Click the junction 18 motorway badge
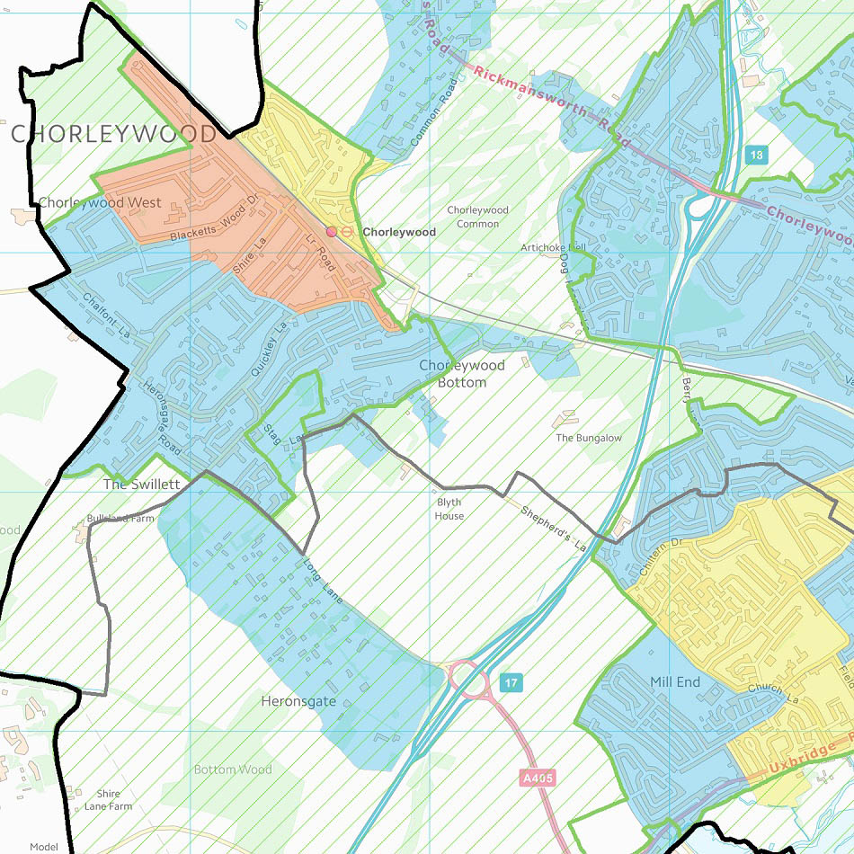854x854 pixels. pyautogui.click(x=757, y=156)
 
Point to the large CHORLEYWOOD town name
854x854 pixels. pyautogui.click(x=113, y=135)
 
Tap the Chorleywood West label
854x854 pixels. pyautogui.click(x=100, y=202)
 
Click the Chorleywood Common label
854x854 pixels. pyautogui.click(x=477, y=217)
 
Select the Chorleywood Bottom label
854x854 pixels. pyautogui.click(x=462, y=374)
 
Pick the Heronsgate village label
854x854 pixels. pyautogui.click(x=298, y=700)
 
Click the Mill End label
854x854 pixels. pyautogui.click(x=675, y=682)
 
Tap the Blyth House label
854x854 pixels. pyautogui.click(x=449, y=510)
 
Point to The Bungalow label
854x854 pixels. pyautogui.click(x=589, y=438)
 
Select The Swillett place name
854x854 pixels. pyautogui.click(x=142, y=484)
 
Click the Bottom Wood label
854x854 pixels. pyautogui.click(x=233, y=769)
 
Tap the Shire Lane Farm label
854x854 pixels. pyautogui.click(x=108, y=800)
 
